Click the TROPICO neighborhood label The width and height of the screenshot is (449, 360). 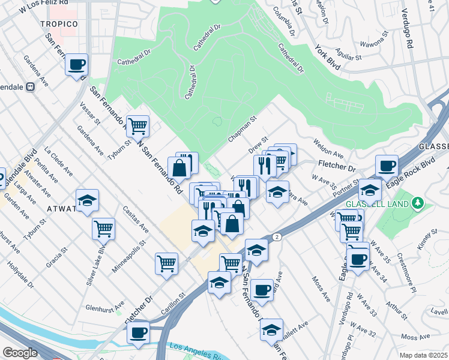click(59, 23)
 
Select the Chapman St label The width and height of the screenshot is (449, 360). click(242, 130)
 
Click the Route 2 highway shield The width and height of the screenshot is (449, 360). click(277, 238)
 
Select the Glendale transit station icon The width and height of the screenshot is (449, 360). click(29, 86)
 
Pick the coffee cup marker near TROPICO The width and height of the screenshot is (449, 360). click(76, 65)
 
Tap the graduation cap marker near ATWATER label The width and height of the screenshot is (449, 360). click(87, 200)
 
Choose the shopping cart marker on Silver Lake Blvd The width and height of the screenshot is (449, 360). click(103, 229)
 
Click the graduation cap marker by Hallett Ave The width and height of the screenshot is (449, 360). click(271, 329)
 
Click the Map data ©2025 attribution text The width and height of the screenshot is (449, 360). click(424, 355)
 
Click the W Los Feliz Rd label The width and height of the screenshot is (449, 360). click(40, 8)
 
